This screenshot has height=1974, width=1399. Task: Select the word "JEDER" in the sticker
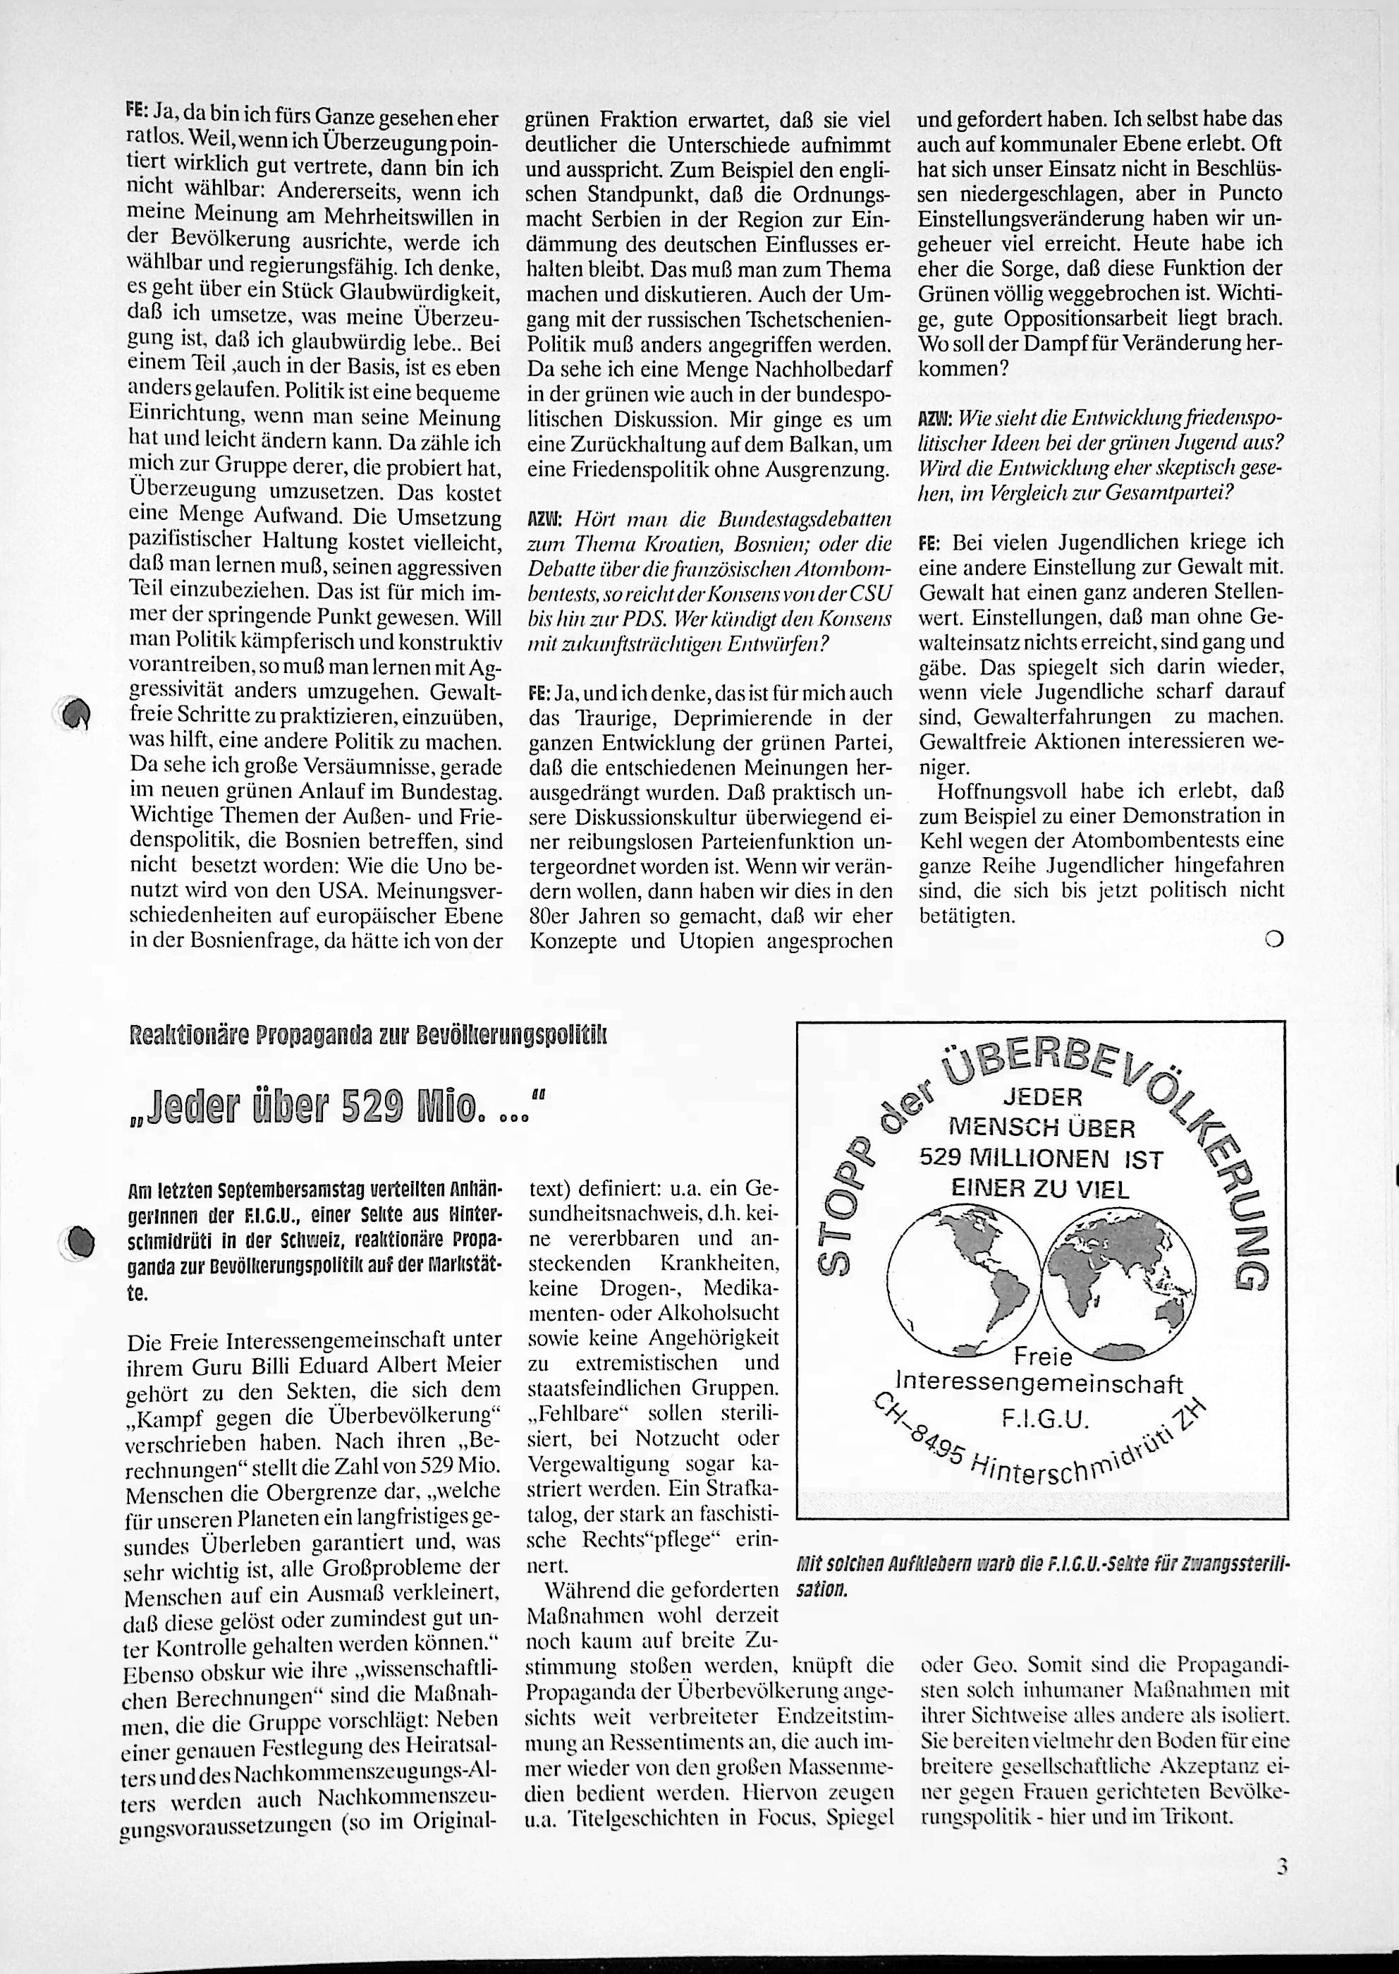[x=1042, y=1098]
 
